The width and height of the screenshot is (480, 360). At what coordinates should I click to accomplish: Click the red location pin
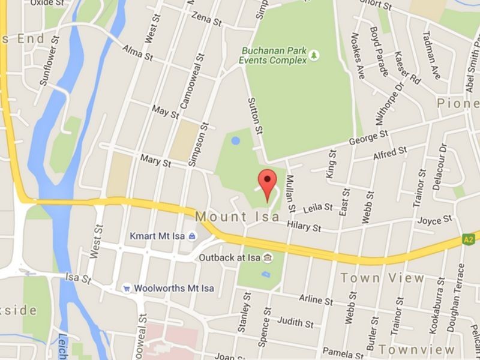click(x=267, y=182)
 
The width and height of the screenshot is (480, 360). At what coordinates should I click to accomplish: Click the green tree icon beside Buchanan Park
click(x=314, y=56)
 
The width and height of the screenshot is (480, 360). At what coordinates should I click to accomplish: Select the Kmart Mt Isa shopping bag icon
click(x=191, y=236)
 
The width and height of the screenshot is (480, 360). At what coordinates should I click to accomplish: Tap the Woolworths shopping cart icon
click(x=127, y=288)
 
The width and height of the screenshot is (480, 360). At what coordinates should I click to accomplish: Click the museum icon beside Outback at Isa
click(x=267, y=258)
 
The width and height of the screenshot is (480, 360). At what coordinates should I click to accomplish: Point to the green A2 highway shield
click(x=469, y=239)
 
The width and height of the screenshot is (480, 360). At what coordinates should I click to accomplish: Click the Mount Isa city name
click(x=238, y=216)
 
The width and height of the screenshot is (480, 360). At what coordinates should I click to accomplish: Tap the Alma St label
click(x=138, y=53)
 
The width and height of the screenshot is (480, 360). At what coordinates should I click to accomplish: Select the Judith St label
click(x=295, y=322)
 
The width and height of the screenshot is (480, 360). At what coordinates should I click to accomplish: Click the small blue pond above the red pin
click(x=236, y=141)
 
